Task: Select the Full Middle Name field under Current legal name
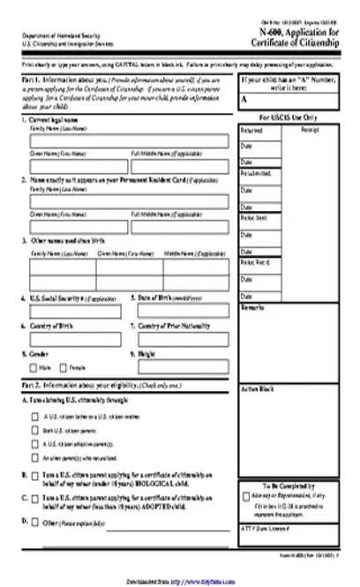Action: pos(179,166)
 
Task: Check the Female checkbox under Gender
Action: pos(64,367)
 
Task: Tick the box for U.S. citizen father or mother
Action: pos(34,418)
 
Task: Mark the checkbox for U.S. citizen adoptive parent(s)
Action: pos(34,445)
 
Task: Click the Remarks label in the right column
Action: pos(250,308)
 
